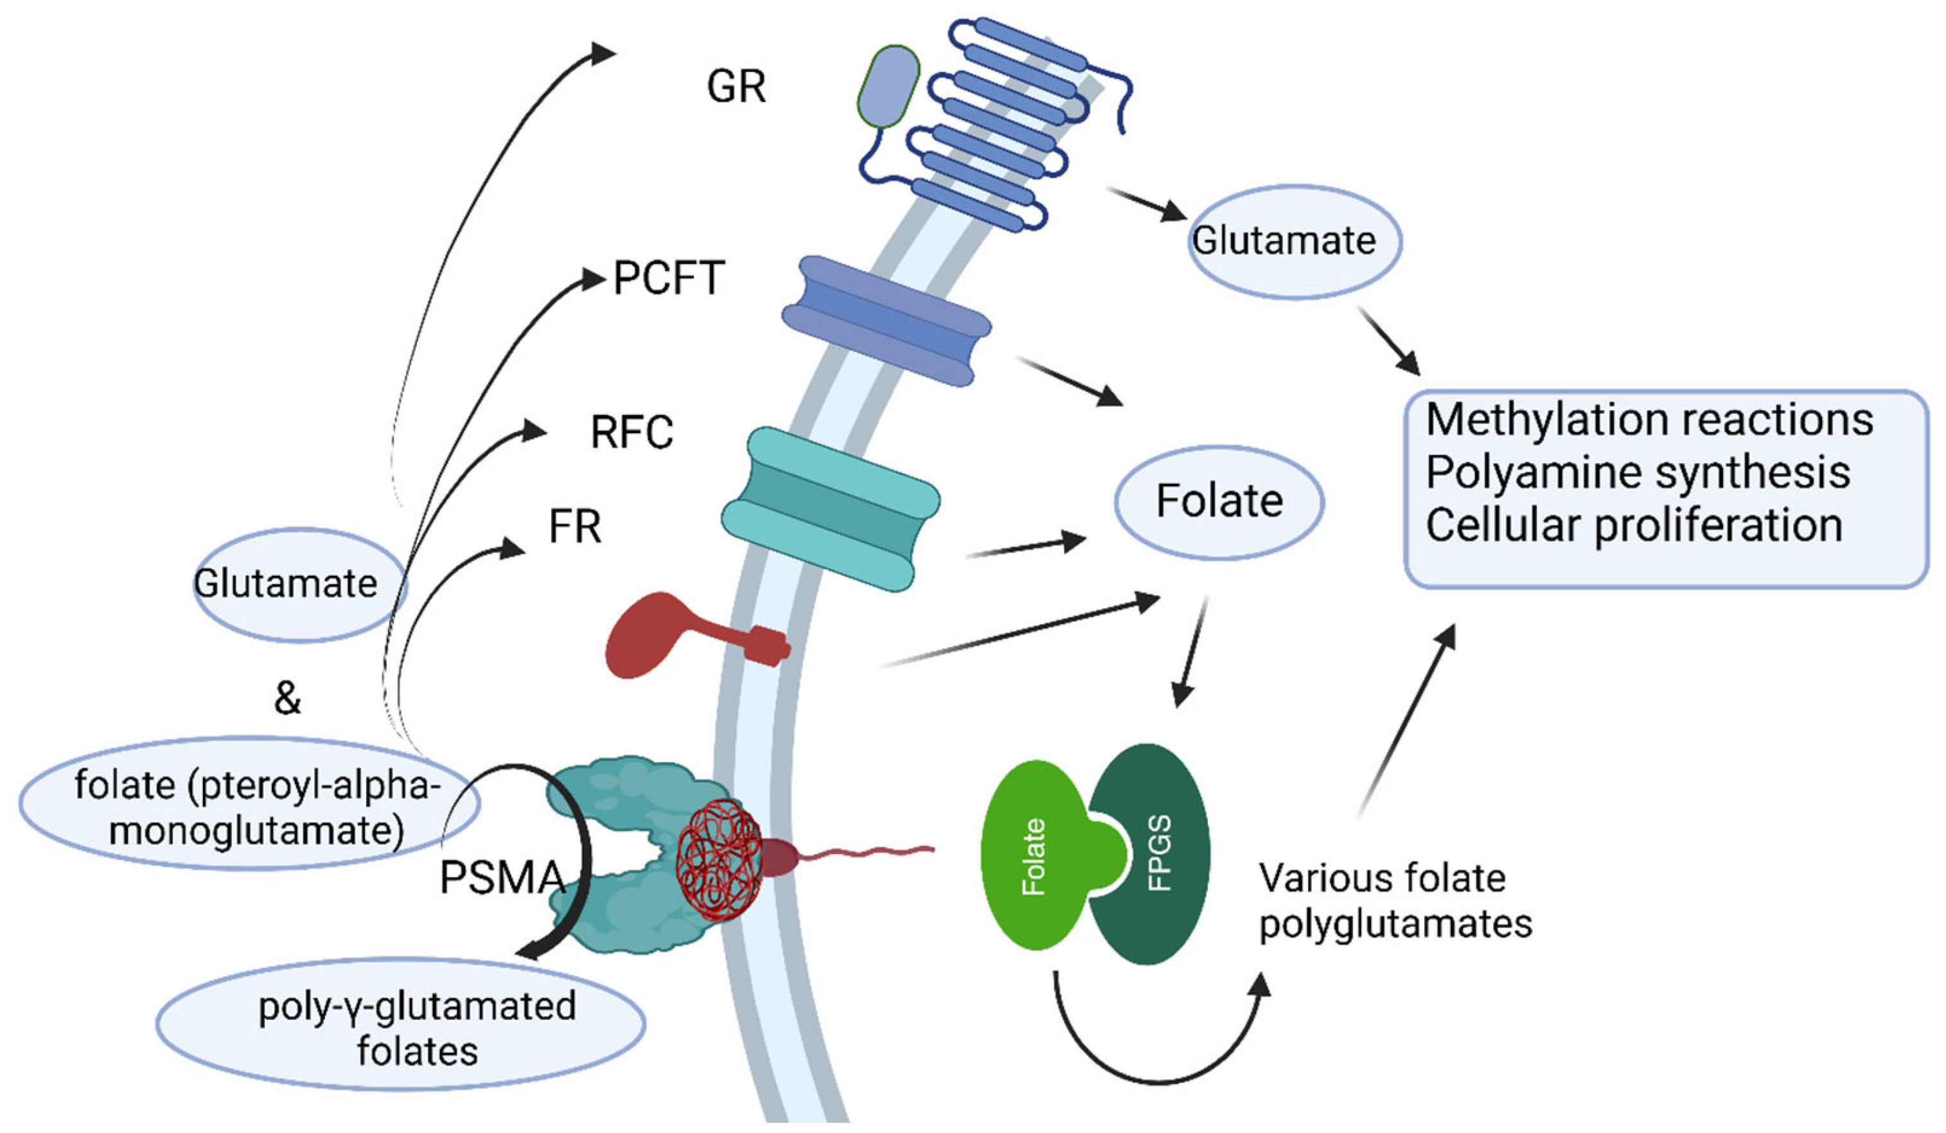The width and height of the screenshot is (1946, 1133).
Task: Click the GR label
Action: pos(736,87)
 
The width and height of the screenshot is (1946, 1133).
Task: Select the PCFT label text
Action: pos(669,278)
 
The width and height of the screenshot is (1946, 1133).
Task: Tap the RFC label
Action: pos(632,432)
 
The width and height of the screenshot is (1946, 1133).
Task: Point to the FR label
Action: pos(574,527)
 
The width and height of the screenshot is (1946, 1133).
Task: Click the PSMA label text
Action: pos(502,878)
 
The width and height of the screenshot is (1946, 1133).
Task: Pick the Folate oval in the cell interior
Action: pos(1219,501)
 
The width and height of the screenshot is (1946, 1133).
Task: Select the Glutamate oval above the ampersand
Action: pos(299,585)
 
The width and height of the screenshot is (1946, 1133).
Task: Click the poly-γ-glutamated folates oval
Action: pos(401,1025)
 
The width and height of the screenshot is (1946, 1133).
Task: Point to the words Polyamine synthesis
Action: pos(1638,472)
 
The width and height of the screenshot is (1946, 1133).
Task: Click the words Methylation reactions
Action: pos(1649,420)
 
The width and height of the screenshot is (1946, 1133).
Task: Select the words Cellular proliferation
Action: pos(1634,526)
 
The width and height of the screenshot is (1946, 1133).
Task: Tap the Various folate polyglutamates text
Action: pos(1395,901)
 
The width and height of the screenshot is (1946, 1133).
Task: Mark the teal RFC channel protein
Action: pos(831,510)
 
